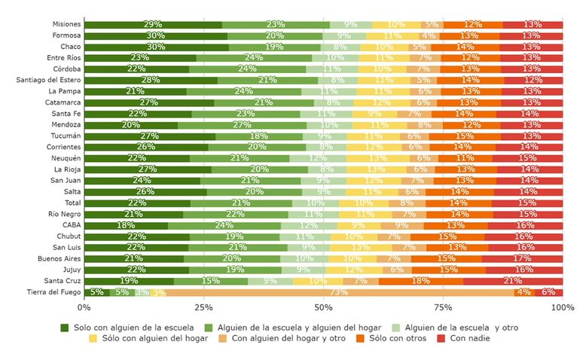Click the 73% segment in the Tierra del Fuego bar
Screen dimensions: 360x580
(x=339, y=292)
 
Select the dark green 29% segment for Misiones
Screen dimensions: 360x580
(x=153, y=25)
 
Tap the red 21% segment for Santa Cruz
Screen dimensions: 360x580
(x=512, y=281)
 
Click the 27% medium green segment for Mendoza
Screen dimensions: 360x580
(x=242, y=125)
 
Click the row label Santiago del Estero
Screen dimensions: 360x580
(x=47, y=81)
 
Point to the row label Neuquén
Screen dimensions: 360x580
(x=66, y=158)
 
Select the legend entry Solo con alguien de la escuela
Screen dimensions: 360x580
(x=124, y=328)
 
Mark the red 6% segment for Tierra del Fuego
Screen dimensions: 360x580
(x=548, y=292)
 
